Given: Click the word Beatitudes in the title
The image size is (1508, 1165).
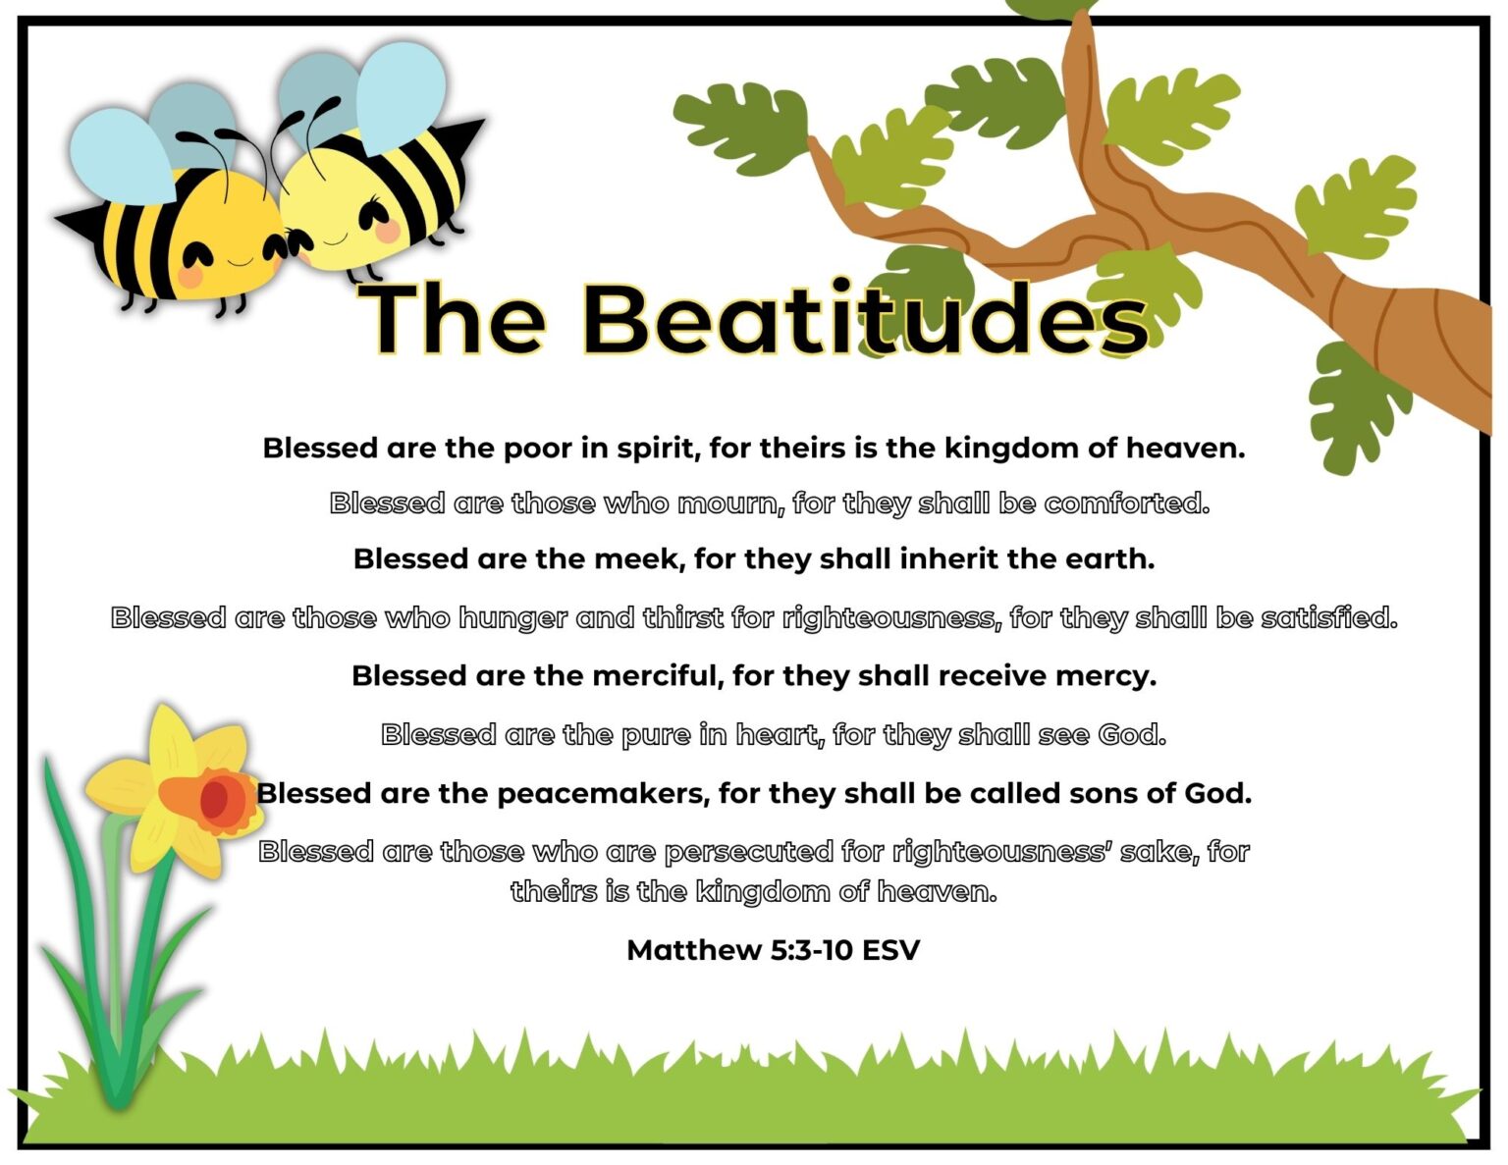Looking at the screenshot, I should point(864,319).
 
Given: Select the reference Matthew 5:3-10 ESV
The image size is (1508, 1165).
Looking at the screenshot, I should point(773,950).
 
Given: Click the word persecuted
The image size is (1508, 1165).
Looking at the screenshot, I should point(748,852).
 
